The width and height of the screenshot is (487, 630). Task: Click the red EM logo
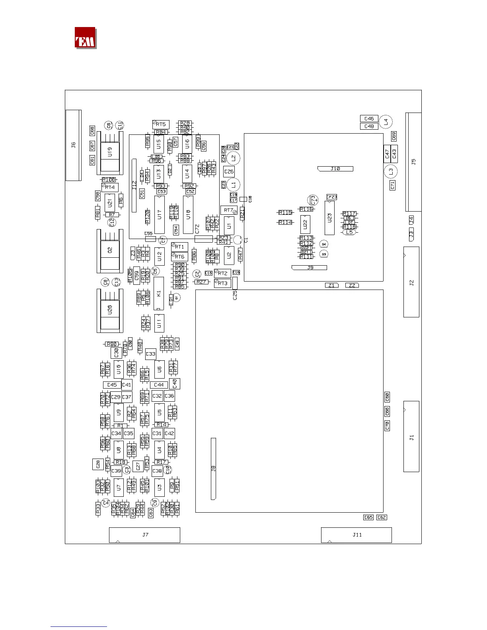tap(85, 38)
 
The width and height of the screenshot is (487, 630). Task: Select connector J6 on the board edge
tap(73, 145)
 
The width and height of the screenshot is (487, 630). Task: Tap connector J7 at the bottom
tap(144, 535)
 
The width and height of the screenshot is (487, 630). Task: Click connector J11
tap(356, 535)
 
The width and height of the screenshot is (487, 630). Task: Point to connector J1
tap(411, 437)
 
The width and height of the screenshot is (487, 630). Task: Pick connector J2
tap(411, 282)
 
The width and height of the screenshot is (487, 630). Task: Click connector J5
tap(413, 162)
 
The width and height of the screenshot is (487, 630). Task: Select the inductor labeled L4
tap(386, 122)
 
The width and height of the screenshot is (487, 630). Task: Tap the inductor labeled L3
tap(391, 172)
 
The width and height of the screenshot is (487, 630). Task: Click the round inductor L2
tap(234, 158)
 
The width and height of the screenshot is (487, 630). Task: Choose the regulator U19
tap(110, 152)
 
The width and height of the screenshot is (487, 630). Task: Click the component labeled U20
tap(110, 309)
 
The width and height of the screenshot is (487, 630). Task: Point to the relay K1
tap(159, 294)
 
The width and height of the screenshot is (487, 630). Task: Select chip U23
tap(329, 218)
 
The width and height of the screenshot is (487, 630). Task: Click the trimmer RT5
tap(161, 124)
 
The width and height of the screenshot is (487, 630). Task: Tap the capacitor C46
tap(369, 119)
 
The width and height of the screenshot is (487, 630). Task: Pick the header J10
tap(335, 169)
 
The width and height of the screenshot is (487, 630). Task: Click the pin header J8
tap(213, 469)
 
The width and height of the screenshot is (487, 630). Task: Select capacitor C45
tap(112, 385)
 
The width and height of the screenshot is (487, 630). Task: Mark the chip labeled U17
tap(160, 215)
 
